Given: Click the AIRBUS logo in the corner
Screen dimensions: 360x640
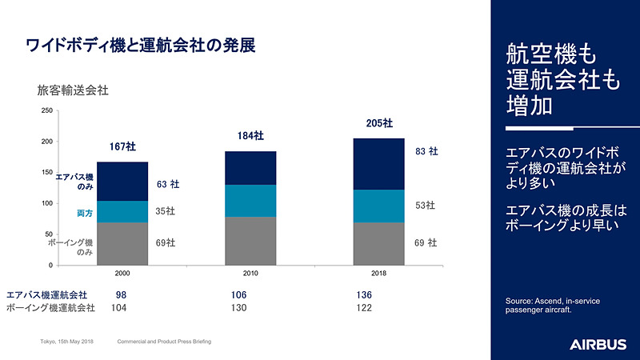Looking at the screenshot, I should pyautogui.click(x=598, y=344).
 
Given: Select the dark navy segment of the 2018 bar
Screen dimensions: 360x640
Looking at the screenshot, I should pyautogui.click(x=378, y=164).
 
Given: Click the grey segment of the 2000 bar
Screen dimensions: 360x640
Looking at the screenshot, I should pyautogui.click(x=122, y=243).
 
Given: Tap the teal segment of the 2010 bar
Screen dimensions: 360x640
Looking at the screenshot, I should pyautogui.click(x=250, y=201).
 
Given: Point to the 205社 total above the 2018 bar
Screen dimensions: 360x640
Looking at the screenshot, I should pyautogui.click(x=379, y=123).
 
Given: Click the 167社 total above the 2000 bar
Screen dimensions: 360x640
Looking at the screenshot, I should pyautogui.click(x=122, y=146).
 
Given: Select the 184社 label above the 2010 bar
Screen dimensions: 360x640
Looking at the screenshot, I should pyautogui.click(x=250, y=136).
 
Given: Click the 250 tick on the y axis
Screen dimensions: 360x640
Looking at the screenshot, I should pyautogui.click(x=46, y=111).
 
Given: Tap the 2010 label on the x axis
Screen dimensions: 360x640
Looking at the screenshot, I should pyautogui.click(x=250, y=274).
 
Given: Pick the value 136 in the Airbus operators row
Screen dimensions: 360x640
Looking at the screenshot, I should pyautogui.click(x=364, y=294).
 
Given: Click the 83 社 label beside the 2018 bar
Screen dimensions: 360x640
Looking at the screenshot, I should pyautogui.click(x=426, y=150).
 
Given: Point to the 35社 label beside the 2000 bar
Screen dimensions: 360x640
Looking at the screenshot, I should pyautogui.click(x=166, y=212).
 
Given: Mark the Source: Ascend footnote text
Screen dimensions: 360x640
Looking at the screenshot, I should pyautogui.click(x=552, y=305).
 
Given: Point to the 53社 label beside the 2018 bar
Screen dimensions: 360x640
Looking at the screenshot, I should pyautogui.click(x=425, y=206).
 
